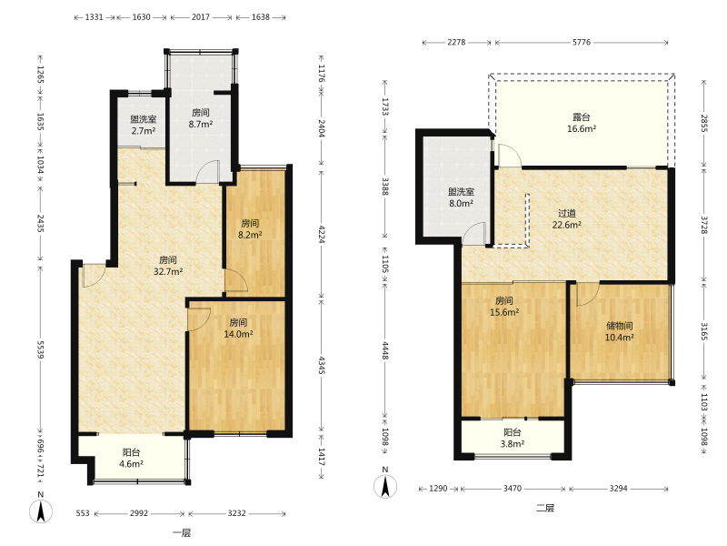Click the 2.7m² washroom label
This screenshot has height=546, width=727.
tap(144, 125)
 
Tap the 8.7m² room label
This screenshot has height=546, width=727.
tap(201, 118)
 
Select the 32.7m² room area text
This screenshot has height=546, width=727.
tap(168, 266)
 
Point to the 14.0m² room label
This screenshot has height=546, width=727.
tap(238, 328)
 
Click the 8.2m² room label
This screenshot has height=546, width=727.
tap(251, 229)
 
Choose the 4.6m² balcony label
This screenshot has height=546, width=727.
tap(131, 458)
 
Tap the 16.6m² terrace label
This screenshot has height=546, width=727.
tap(582, 123)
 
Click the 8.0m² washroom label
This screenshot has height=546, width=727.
tap(461, 197)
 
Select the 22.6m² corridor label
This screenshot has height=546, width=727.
tap(566, 219)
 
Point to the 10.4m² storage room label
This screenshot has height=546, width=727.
tap(620, 331)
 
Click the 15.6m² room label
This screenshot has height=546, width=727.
tap(504, 307)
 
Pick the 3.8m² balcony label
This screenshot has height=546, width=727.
tap(513, 438)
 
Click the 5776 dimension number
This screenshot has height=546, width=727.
tap(582, 42)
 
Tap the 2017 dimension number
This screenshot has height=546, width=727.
tap(201, 17)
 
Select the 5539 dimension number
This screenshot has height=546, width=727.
tap(40, 349)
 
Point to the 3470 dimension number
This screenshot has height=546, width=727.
tap(513, 489)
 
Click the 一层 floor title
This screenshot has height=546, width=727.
tap(182, 532)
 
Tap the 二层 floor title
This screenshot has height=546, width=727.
tap(545, 508)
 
